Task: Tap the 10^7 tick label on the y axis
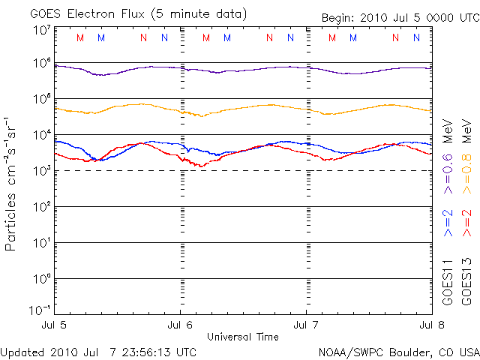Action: coord(40,29)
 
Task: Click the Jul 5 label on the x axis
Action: coord(55,325)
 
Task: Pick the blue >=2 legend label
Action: coord(448,223)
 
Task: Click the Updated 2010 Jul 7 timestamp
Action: coord(99,352)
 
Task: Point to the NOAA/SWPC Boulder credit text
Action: coord(398,352)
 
